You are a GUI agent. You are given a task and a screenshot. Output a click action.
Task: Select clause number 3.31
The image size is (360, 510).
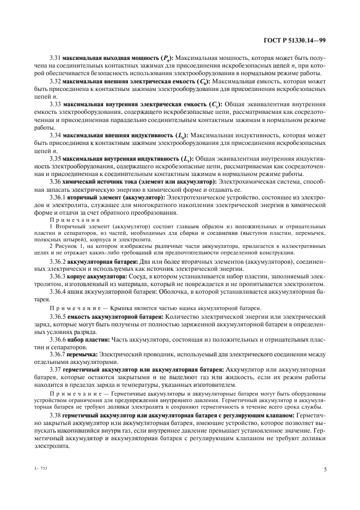(x=55, y=57)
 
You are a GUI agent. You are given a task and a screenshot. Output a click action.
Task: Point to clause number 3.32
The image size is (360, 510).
(x=55, y=81)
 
